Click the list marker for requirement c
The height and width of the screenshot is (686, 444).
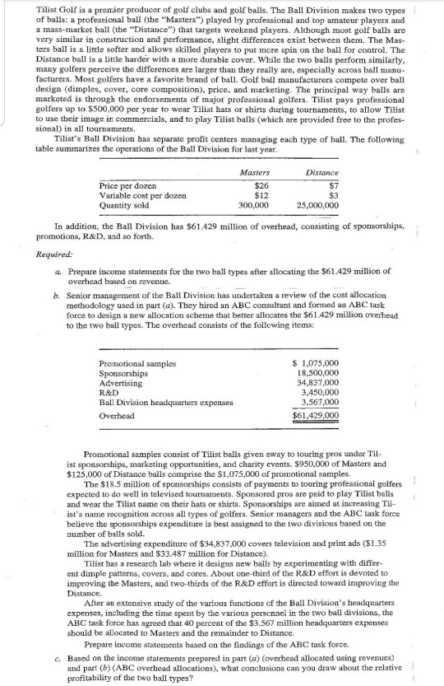click(54, 651)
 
